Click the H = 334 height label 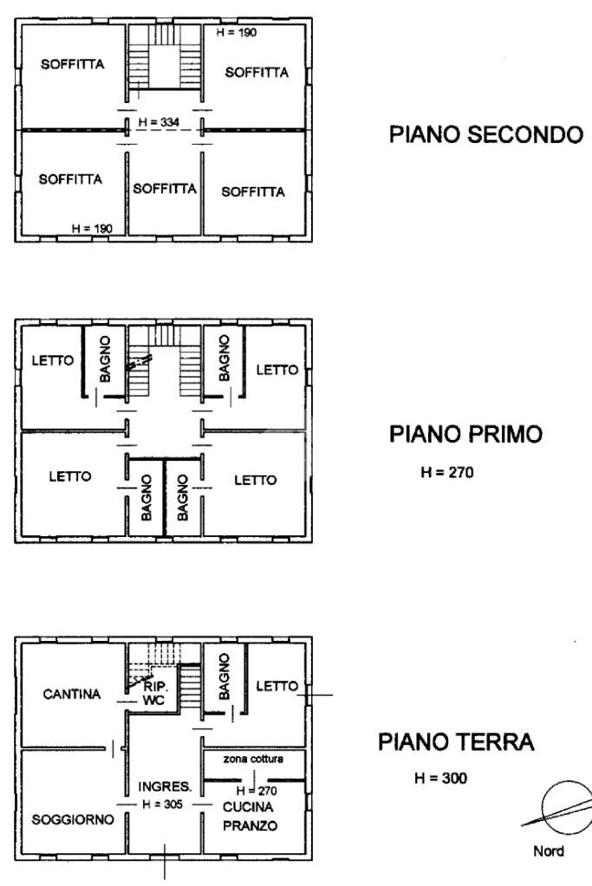point(159,123)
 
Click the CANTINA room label point(72,695)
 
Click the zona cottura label point(253,758)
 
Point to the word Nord point(549,851)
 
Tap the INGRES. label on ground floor point(165,787)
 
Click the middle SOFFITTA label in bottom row point(165,188)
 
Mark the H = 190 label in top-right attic point(235,32)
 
